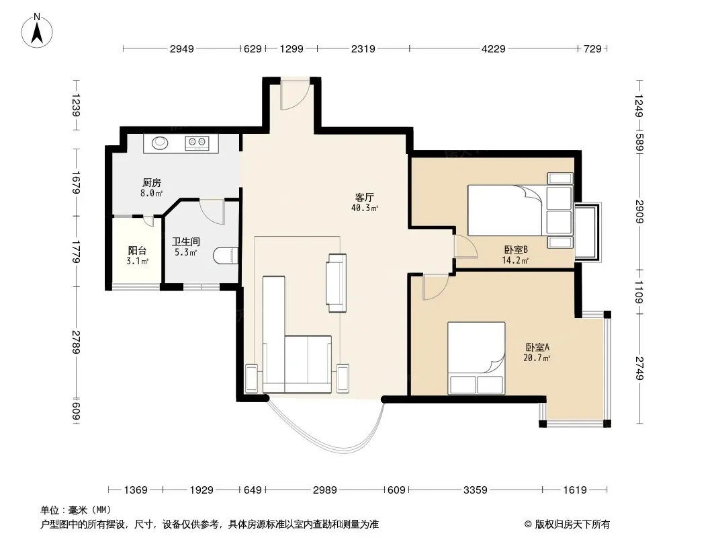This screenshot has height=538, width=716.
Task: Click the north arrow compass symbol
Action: pos(37,31)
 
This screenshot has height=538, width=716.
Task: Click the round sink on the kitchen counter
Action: pos(159,143)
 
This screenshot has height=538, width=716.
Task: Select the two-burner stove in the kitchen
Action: pos(197,143)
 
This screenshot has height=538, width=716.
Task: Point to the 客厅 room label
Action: pos(365,197)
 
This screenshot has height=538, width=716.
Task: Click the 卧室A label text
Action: pos(537,347)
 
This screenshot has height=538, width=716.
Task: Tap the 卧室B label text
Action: pos(516,249)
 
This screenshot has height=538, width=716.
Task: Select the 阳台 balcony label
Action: pos(137,250)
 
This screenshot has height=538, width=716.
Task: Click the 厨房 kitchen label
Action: pos(152,183)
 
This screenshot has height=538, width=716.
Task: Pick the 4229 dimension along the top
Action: pos(493,48)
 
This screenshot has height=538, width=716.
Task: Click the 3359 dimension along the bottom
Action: pos(475,490)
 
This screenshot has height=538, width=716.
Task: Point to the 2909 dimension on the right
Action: pos(639,212)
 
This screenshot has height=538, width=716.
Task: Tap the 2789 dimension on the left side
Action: pos(76,342)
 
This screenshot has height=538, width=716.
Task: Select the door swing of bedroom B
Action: pos(465,245)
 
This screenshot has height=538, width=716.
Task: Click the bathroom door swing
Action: pos(212,211)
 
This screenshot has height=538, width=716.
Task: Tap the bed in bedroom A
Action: pos(476,358)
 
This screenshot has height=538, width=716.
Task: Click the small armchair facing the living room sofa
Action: pos(337,283)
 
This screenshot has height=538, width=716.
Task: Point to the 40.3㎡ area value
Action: pos(365,208)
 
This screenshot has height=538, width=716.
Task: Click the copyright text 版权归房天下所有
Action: pos(572,525)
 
